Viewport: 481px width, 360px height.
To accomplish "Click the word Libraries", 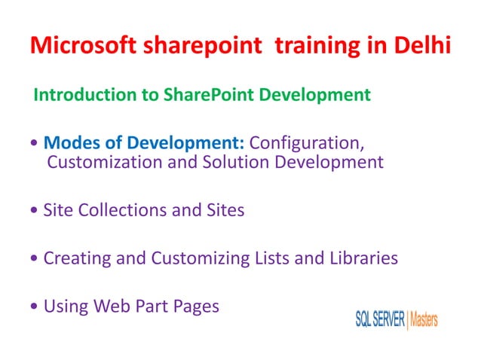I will click(359, 259).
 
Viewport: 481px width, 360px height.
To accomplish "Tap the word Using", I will click(66, 307).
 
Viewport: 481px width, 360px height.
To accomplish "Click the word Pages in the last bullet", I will click(195, 307).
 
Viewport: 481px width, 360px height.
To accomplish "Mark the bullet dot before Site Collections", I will click(35, 212).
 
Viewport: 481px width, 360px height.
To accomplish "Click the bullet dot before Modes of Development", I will click(35, 143).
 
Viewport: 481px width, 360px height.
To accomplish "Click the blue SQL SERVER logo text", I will click(380, 319).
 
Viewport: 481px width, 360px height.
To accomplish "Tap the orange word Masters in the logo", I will click(424, 319).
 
